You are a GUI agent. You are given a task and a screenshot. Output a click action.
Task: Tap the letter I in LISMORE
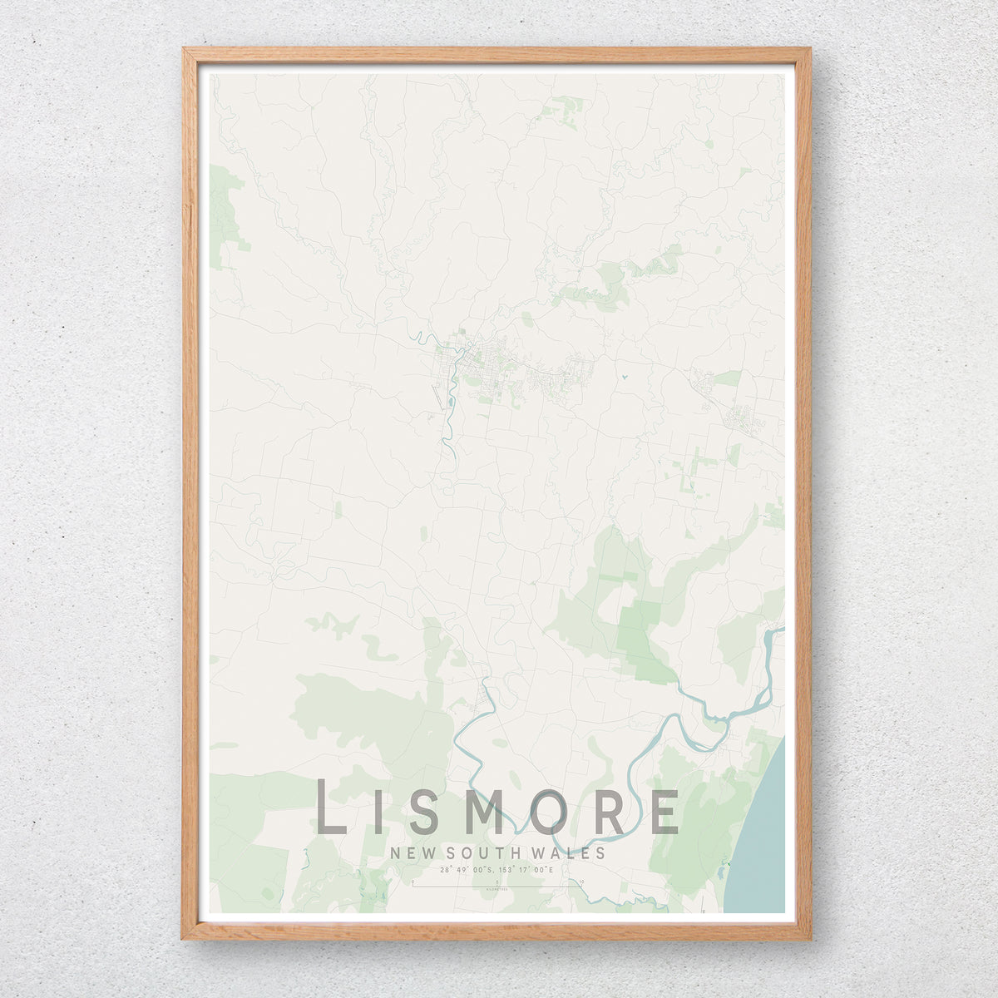pyautogui.click(x=374, y=812)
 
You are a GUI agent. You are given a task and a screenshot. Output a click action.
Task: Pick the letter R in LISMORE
pyautogui.click(x=610, y=812)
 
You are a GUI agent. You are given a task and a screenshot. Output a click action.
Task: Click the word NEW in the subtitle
pyautogui.click(x=413, y=853)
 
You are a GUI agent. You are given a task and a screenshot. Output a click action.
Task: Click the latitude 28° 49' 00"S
pyautogui.click(x=467, y=870)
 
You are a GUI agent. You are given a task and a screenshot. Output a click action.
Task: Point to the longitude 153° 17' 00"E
pyautogui.click(x=528, y=870)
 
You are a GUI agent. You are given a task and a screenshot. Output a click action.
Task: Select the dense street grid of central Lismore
pyautogui.click(x=466, y=358)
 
